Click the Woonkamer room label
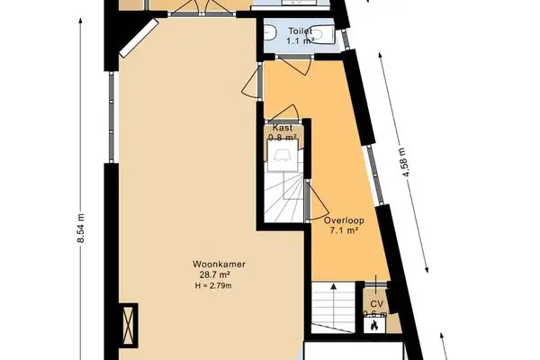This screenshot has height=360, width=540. [212, 265]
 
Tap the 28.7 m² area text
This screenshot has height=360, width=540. [212, 275]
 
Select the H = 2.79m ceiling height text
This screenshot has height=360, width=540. [212, 286]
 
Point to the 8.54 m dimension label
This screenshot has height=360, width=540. [80, 224]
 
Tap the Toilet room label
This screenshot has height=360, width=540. [300, 31]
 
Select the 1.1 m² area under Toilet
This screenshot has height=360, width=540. [300, 41]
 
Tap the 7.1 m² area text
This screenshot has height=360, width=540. [342, 230]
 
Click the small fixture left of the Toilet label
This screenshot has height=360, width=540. [272, 35]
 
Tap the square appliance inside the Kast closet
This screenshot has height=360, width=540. [283, 159]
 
